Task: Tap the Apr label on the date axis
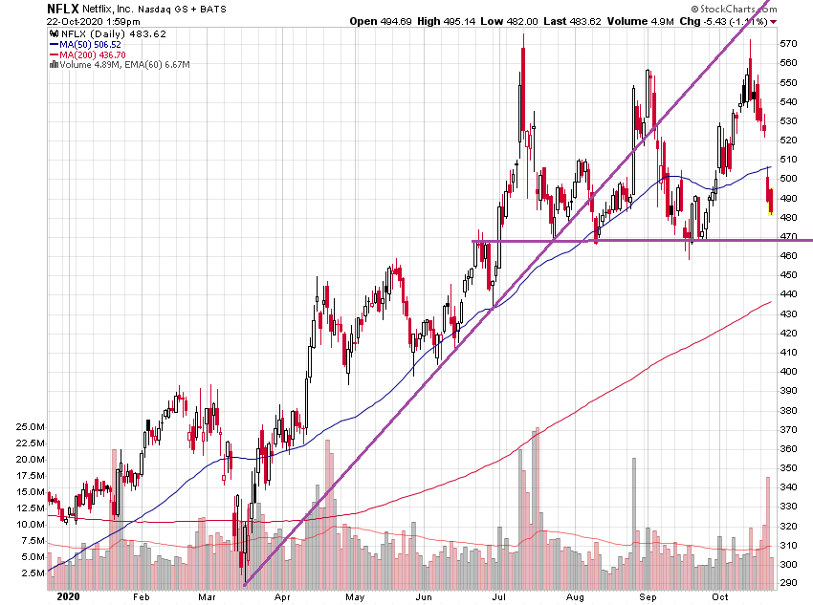(283, 595)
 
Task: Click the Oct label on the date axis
(720, 595)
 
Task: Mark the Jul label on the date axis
(499, 595)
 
